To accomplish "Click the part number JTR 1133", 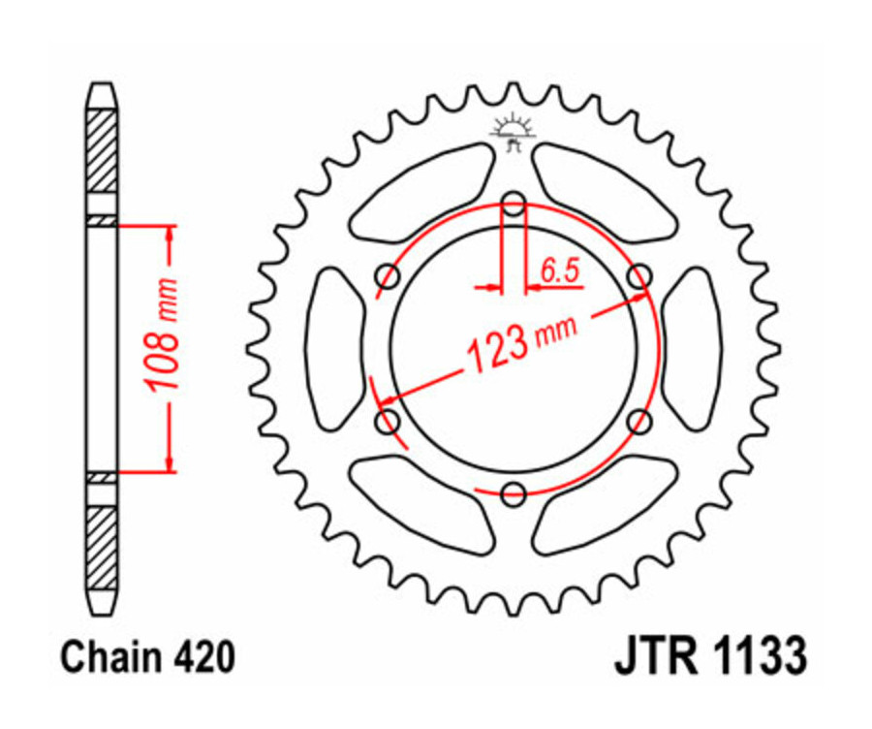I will point(709,656).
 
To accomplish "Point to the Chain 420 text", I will point(147,658).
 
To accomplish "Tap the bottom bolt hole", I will point(514,492).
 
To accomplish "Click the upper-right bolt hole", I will point(638,276).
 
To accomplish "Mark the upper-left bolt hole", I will point(389,276).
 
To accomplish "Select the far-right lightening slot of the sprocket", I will point(694,348).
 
